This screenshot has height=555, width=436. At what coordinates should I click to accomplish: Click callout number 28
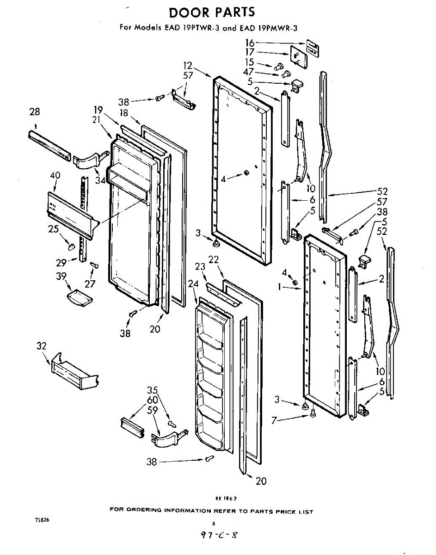click(x=35, y=111)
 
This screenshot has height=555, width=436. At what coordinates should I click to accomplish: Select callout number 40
click(x=55, y=175)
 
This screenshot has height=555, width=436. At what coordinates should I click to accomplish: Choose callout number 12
click(x=187, y=65)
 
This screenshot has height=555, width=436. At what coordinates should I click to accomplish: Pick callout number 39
click(x=61, y=276)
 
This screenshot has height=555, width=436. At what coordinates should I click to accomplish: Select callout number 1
click(x=280, y=287)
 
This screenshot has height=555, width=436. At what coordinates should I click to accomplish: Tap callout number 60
click(x=153, y=400)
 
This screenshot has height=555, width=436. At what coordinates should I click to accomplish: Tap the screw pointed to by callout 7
click(x=313, y=415)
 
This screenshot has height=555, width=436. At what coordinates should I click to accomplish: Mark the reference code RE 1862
click(x=226, y=499)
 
